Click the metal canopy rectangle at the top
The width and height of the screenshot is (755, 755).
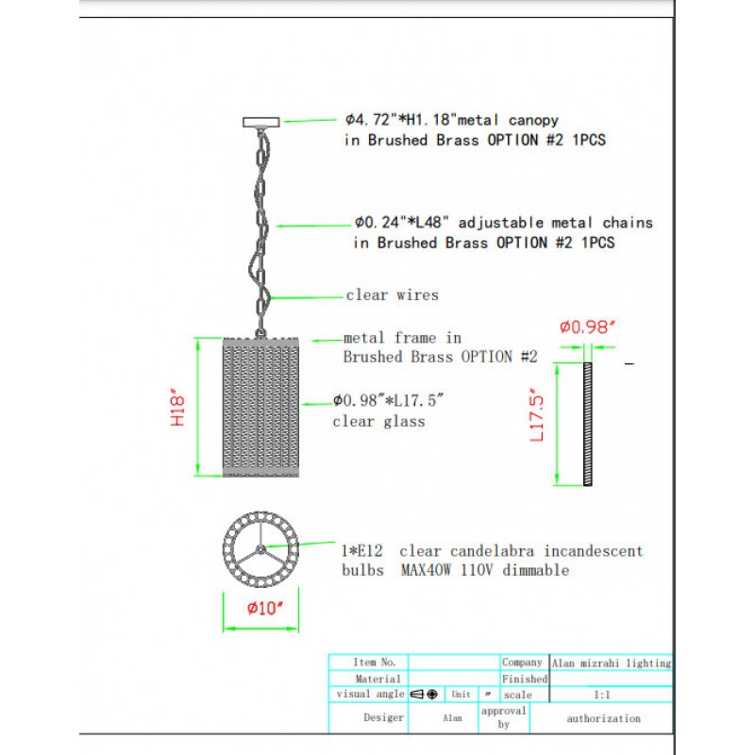coord(261,122)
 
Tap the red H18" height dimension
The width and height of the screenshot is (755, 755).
coord(177,407)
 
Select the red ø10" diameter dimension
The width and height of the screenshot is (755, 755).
coord(265,608)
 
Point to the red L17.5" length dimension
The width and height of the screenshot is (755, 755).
coord(536,415)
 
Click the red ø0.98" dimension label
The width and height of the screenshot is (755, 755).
coord(587,327)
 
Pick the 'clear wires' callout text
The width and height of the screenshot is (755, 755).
coord(392,294)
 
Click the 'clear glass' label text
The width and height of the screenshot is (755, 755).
coord(379,421)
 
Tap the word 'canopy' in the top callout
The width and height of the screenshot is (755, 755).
coord(533,120)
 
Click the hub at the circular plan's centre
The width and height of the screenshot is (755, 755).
coord(260,549)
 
